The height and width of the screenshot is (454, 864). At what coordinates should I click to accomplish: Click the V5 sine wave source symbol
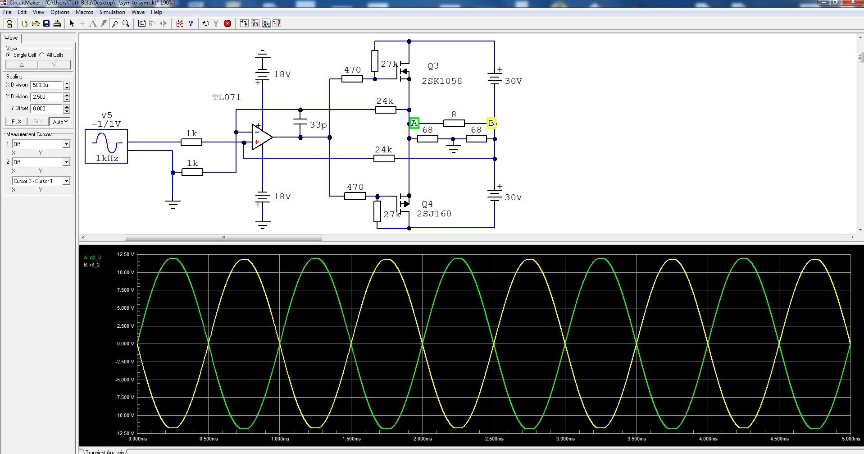coord(106,146)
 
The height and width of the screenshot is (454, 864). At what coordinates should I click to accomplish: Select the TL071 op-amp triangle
coord(261,137)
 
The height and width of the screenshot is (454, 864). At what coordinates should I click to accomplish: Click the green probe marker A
coord(414,123)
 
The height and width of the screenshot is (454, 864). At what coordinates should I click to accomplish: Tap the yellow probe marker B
coord(491,123)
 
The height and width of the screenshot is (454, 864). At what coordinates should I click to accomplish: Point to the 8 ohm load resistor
coord(454,123)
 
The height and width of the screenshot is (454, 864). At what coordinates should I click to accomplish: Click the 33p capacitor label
coord(318,125)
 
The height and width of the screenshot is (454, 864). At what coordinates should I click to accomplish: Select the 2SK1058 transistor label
coord(441,81)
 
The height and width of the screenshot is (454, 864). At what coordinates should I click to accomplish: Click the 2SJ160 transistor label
coord(434,214)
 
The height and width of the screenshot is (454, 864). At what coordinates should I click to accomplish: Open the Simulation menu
coord(112,12)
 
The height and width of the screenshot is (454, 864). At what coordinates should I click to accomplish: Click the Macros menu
coord(84,12)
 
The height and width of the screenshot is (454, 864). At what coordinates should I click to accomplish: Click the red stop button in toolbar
coord(227,23)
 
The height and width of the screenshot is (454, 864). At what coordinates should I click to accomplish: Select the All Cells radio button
coord(42,55)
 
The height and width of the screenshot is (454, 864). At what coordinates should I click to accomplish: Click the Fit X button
coord(16,122)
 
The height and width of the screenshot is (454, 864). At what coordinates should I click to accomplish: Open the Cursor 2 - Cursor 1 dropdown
coord(41,181)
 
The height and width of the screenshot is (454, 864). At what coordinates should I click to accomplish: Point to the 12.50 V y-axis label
coord(126,255)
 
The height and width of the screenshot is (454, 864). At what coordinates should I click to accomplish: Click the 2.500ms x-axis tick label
coord(494,439)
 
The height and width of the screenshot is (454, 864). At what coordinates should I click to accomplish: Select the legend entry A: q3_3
coord(92,258)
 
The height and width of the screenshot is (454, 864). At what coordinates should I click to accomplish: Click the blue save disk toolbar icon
coord(46,23)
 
